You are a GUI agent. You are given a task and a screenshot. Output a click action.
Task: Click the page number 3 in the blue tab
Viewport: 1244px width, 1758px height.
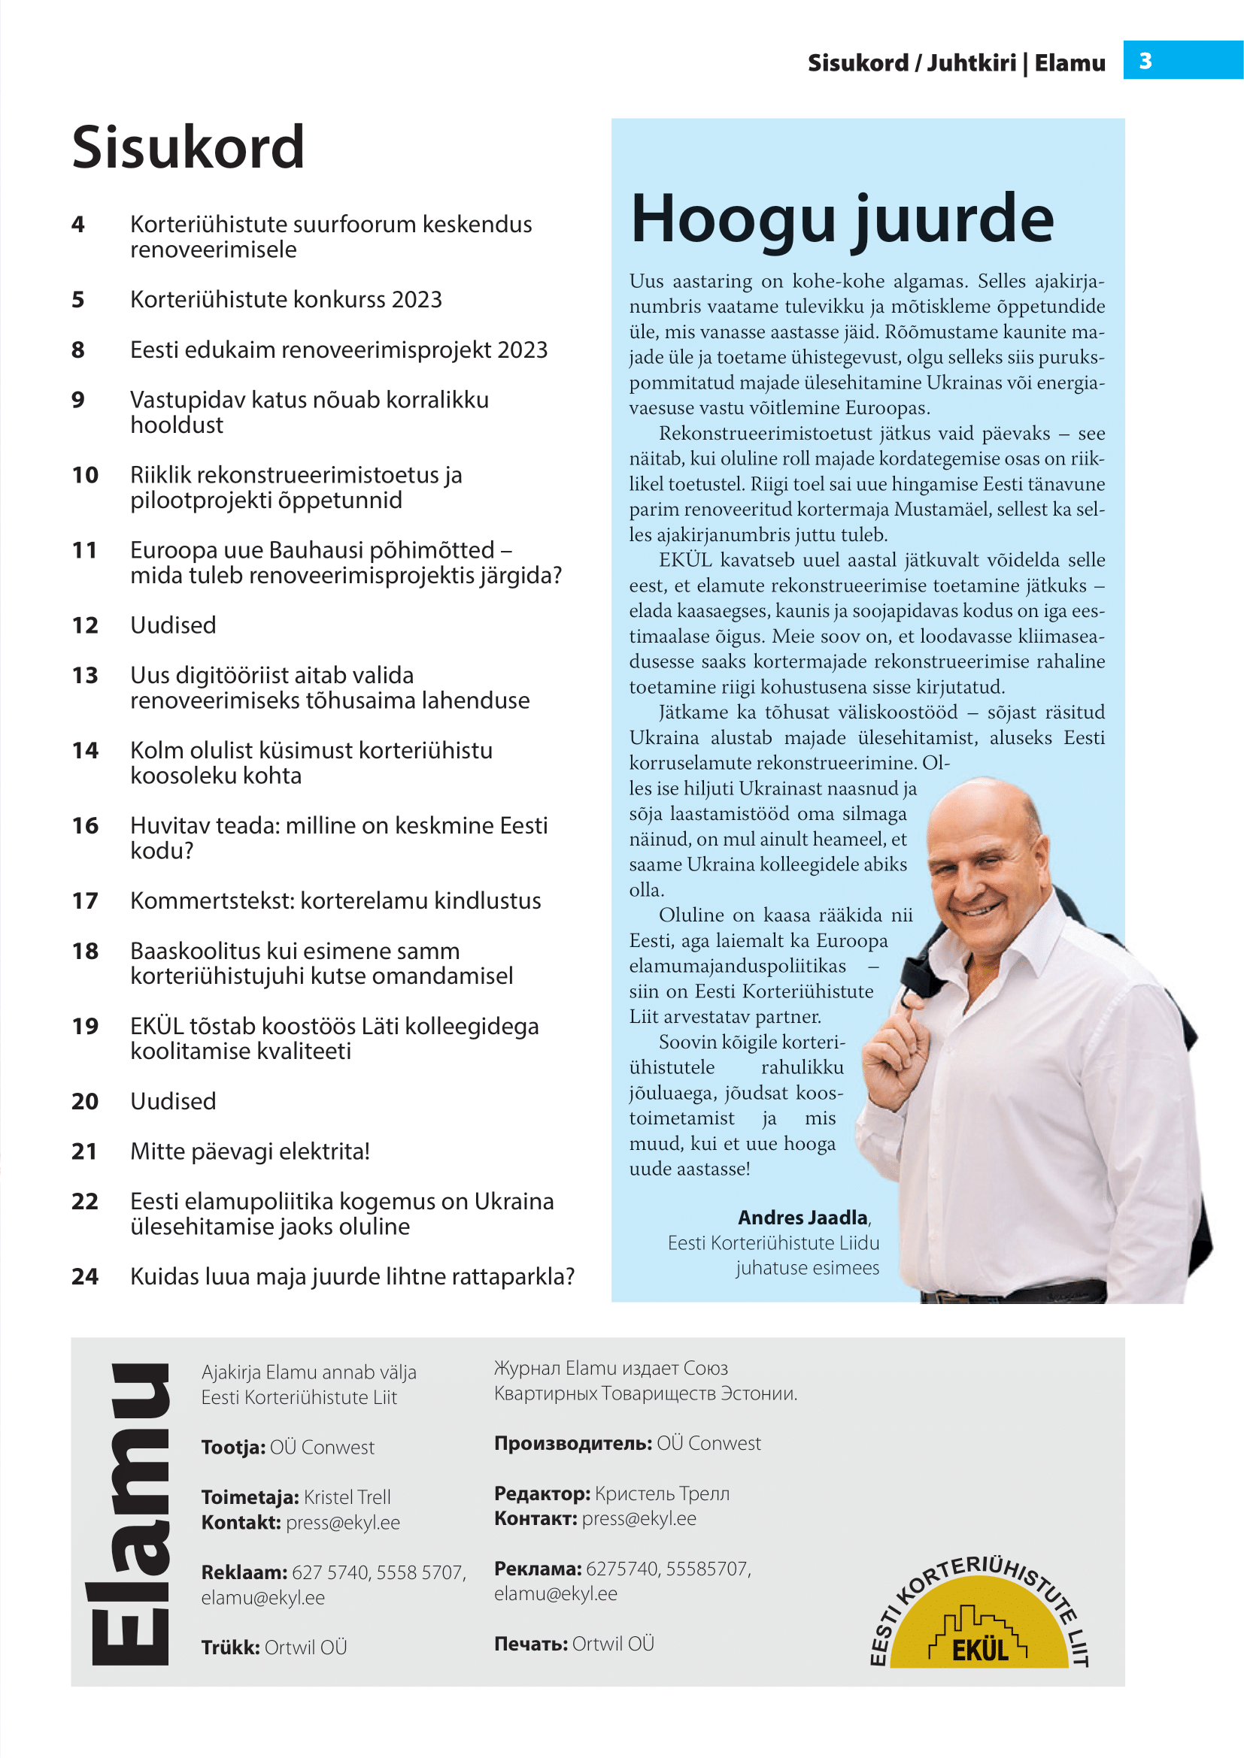pyautogui.click(x=1145, y=60)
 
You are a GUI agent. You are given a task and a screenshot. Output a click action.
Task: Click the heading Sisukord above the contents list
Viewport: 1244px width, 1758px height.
pyautogui.click(x=189, y=147)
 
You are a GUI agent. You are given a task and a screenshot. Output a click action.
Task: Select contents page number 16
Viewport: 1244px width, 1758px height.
pyautogui.click(x=85, y=825)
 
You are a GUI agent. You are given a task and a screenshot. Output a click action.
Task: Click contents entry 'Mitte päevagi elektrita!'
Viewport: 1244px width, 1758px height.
pyautogui.click(x=250, y=1151)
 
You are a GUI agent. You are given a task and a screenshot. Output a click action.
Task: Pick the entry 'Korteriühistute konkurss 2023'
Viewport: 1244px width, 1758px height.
pyautogui.click(x=286, y=299)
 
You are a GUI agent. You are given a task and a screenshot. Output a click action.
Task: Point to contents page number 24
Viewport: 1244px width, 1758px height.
pyautogui.click(x=85, y=1276)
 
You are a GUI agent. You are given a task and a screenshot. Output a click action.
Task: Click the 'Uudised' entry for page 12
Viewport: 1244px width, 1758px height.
pyautogui.click(x=173, y=625)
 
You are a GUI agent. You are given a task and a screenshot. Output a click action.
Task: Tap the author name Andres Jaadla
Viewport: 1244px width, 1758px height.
pyautogui.click(x=803, y=1218)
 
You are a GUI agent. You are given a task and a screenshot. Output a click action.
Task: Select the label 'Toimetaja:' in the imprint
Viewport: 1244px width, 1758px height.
pyautogui.click(x=250, y=1497)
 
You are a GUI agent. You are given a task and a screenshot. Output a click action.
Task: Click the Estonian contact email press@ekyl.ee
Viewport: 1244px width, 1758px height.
pyautogui.click(x=342, y=1522)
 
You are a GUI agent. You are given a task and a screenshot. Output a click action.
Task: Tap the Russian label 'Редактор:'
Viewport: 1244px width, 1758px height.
pyautogui.click(x=542, y=1493)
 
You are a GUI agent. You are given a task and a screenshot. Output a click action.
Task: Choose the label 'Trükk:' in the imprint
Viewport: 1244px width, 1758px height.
pyautogui.click(x=231, y=1647)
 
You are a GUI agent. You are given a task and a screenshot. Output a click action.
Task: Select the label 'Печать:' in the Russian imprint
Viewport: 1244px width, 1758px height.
pyautogui.click(x=530, y=1643)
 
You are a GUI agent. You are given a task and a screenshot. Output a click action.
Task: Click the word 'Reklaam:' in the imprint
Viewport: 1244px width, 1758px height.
pyautogui.click(x=244, y=1572)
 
